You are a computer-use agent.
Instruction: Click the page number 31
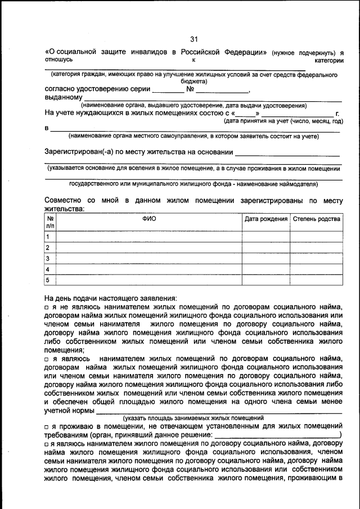click(x=194, y=39)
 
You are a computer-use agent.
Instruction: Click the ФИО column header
click(x=150, y=219)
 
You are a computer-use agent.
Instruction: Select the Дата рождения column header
click(x=266, y=219)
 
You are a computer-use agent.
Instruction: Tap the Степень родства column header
click(x=316, y=219)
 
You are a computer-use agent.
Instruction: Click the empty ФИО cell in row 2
click(x=150, y=247)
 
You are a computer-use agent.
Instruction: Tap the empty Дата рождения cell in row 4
click(x=266, y=269)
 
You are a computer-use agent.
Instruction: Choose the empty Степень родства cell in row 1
click(x=316, y=237)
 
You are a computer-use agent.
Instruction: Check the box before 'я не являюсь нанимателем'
click(x=47, y=308)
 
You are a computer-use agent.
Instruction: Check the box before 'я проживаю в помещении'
click(x=47, y=427)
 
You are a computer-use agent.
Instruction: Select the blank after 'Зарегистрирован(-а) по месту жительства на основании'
click(x=287, y=152)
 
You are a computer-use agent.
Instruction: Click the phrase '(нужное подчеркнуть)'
click(x=304, y=52)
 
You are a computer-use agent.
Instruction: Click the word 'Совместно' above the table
click(x=63, y=201)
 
